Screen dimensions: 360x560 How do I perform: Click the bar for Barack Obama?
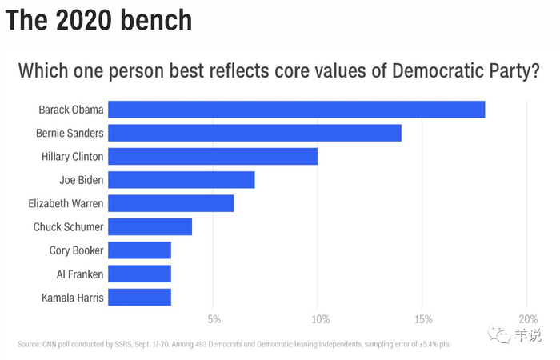[x=296, y=110]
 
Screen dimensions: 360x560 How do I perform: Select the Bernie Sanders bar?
[x=254, y=133]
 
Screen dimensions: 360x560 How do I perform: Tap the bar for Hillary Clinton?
[x=213, y=156]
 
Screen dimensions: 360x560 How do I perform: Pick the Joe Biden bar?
[x=182, y=180]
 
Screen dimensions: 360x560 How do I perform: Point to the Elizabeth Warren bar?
[x=171, y=203]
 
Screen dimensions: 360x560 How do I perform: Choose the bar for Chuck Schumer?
[x=150, y=226]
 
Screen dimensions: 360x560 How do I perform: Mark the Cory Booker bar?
[x=140, y=250]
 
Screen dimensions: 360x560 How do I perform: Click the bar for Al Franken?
[x=140, y=274]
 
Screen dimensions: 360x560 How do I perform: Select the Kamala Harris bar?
[x=140, y=298]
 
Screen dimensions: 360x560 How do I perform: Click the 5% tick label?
[x=214, y=320]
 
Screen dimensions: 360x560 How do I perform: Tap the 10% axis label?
[x=320, y=320]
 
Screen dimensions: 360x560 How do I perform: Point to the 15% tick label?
[x=424, y=320]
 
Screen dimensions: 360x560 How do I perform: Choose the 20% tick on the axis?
[x=528, y=320]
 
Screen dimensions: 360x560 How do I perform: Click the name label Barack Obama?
[x=70, y=110]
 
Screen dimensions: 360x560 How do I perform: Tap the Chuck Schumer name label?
[x=68, y=227]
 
